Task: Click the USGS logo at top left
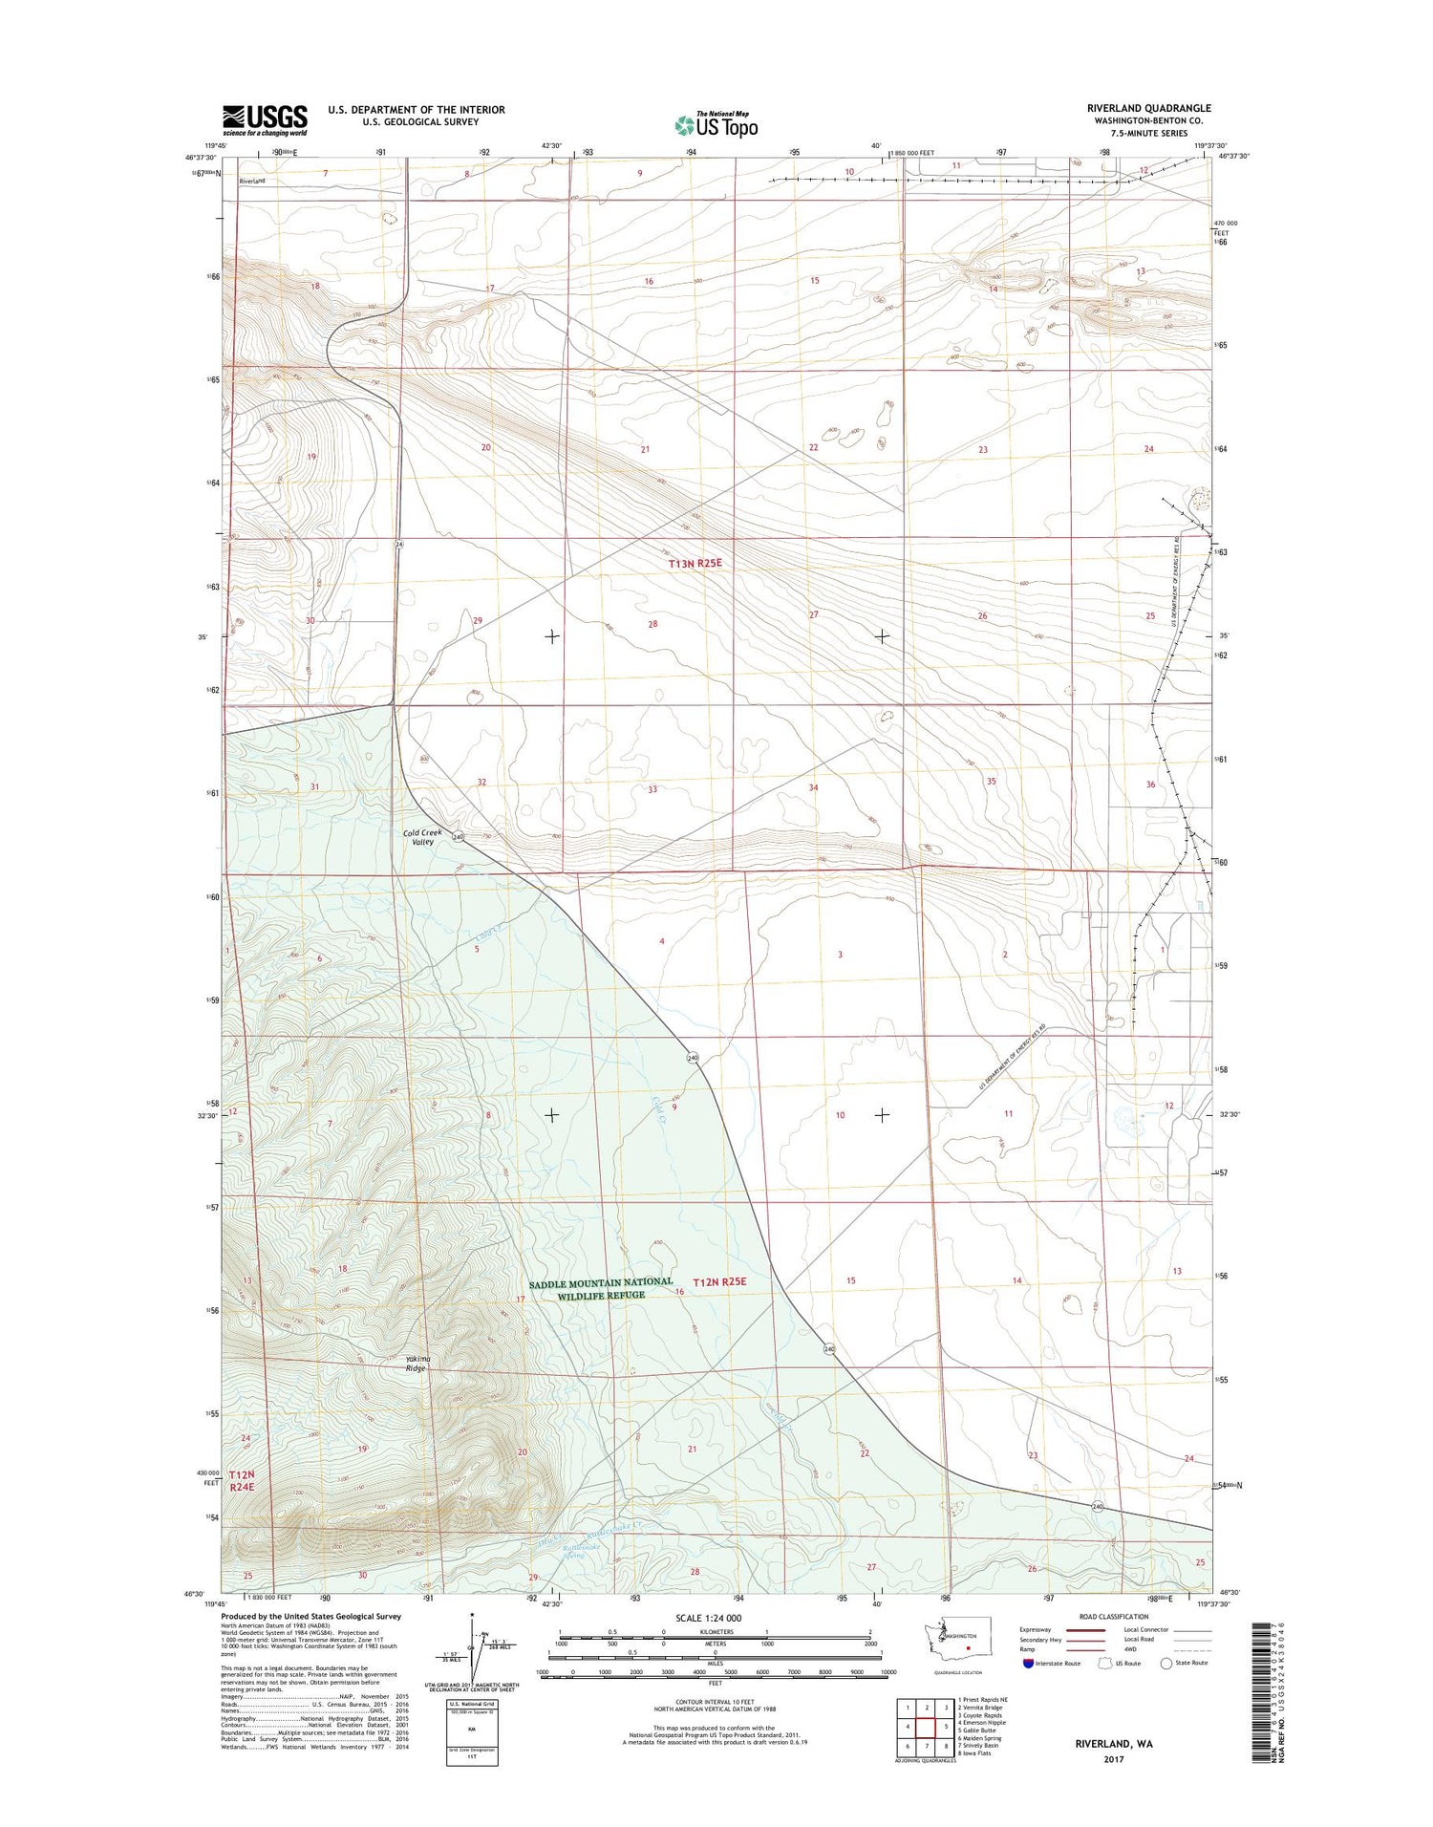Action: click(265, 118)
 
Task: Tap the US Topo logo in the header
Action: click(716, 125)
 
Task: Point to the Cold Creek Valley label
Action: click(422, 837)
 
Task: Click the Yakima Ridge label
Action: click(416, 1364)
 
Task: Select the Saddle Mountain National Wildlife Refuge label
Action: click(601, 1288)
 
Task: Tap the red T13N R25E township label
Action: click(695, 564)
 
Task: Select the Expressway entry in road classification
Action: click(1036, 1630)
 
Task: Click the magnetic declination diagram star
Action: click(472, 1617)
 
